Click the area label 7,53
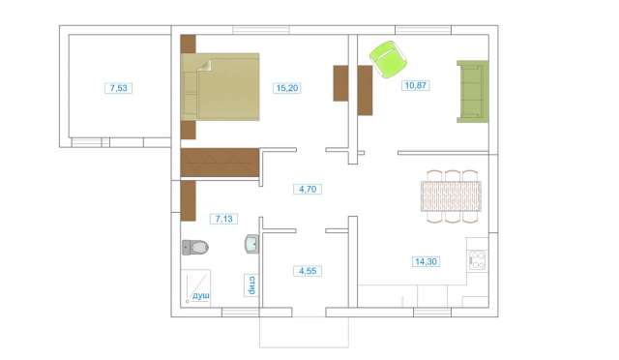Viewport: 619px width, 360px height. [x=118, y=88]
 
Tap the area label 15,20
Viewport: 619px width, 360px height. [x=287, y=88]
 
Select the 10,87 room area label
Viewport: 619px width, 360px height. [x=415, y=85]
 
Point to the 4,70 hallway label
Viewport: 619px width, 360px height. [x=308, y=189]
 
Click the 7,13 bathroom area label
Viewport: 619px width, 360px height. [x=223, y=219]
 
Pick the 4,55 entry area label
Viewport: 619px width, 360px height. [x=308, y=271]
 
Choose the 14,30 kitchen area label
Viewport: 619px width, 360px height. [x=426, y=261]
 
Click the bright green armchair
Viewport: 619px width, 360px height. [x=389, y=59]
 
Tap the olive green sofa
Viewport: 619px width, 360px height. [x=473, y=91]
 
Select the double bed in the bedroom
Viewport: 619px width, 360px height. [x=220, y=86]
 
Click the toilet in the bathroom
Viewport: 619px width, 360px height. [x=195, y=248]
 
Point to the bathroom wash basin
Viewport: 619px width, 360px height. [x=251, y=244]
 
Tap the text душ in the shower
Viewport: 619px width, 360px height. [x=200, y=295]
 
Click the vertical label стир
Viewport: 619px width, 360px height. [x=251, y=285]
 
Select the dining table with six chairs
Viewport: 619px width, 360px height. [x=451, y=196]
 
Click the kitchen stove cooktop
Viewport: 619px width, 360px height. [x=477, y=260]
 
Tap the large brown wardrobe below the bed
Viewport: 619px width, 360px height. [x=220, y=163]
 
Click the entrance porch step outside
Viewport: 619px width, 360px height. [x=304, y=332]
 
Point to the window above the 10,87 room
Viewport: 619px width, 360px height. [x=424, y=30]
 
